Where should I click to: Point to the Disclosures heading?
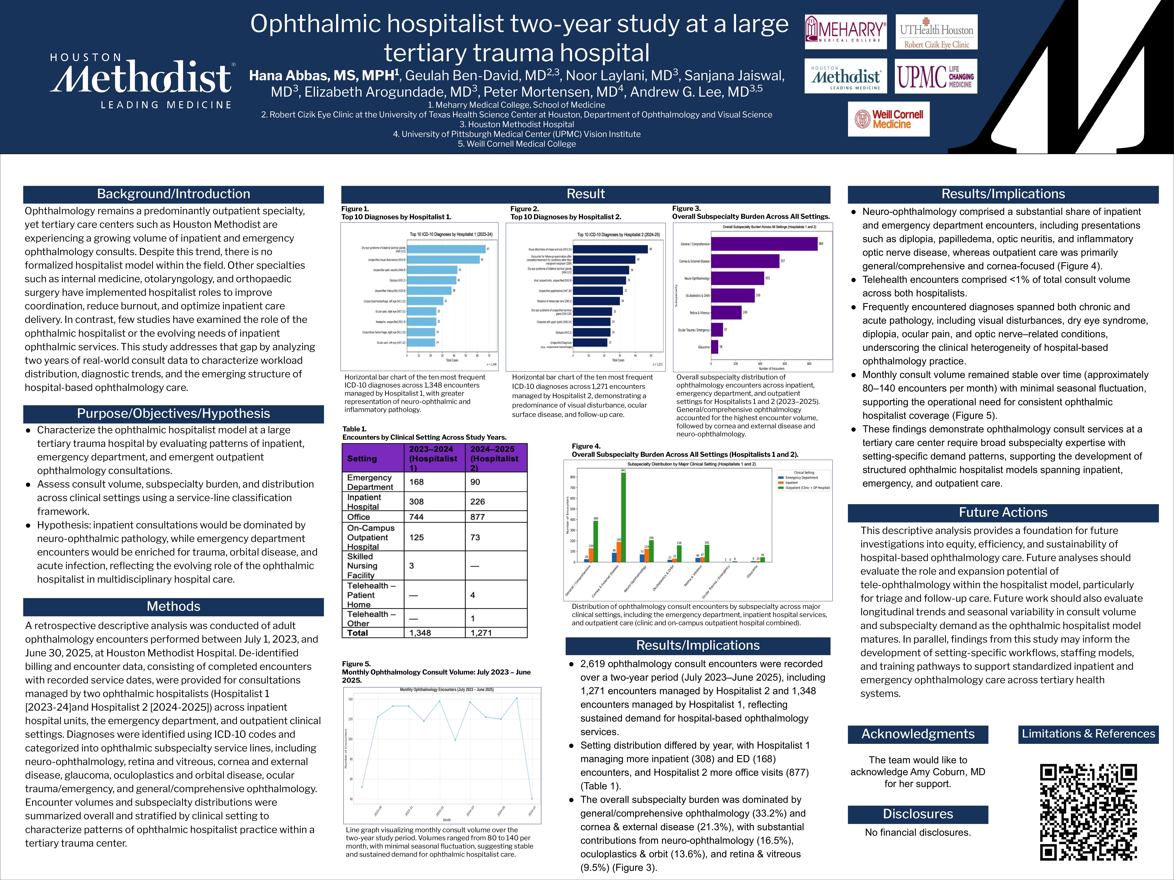click(x=918, y=814)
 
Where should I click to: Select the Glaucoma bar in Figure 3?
click(x=714, y=347)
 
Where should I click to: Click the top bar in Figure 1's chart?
click(x=446, y=249)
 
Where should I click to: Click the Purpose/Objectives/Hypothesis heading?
click(x=174, y=414)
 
